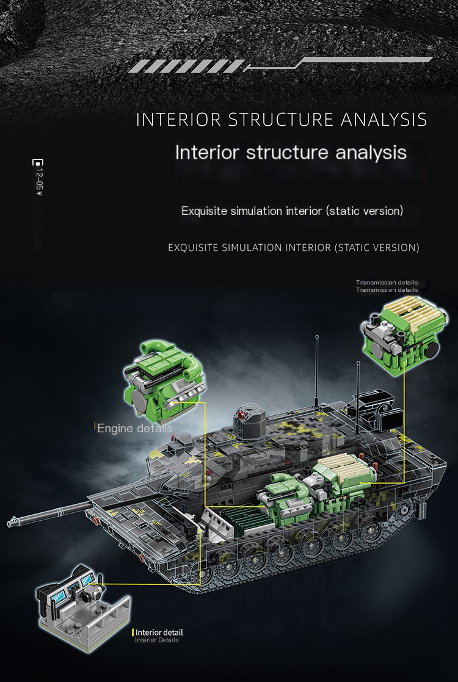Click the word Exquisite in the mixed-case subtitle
click(204, 211)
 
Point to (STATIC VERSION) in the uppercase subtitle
click(379, 248)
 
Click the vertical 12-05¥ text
click(38, 183)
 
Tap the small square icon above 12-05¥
click(38, 163)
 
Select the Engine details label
click(134, 428)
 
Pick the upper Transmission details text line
click(387, 283)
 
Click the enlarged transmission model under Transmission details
click(401, 332)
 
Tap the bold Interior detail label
click(159, 633)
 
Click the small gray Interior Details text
click(157, 640)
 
